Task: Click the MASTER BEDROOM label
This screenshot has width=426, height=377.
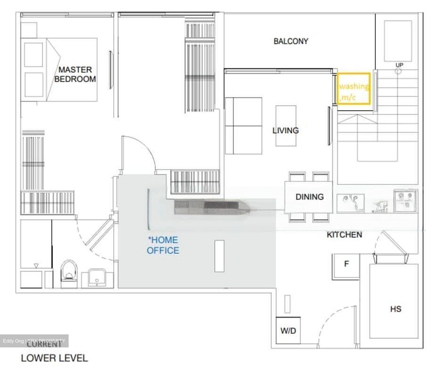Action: pos(75,74)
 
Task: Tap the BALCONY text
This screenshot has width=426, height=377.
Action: pos(291,41)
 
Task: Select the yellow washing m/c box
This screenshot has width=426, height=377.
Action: pos(354,89)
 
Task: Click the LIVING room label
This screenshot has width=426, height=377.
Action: pos(285,130)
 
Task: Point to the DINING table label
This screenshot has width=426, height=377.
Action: pos(309,197)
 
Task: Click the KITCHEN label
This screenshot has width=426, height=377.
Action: pos(344,235)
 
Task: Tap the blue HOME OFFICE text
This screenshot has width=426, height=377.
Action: pos(163,245)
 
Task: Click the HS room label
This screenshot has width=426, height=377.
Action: pos(396,309)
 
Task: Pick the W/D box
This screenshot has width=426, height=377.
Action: pos(288,331)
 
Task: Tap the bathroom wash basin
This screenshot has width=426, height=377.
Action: pos(96,277)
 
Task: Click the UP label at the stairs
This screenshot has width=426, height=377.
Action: pos(399,65)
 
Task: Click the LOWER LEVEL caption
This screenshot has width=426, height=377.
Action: pos(54,358)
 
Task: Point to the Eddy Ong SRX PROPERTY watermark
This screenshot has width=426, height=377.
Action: pos(34,341)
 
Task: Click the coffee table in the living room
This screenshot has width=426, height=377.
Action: pos(286,126)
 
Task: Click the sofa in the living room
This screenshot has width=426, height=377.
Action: pos(243,126)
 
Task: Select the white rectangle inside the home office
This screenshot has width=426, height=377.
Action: pos(219,256)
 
